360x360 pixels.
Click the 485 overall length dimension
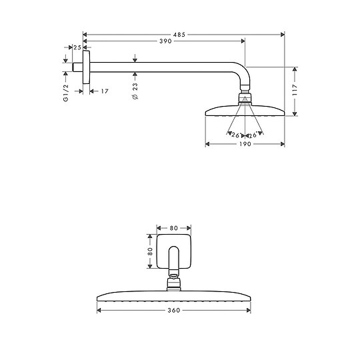tap(181, 33)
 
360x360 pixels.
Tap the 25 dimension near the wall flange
tap(77, 48)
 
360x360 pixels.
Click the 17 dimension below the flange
tap(105, 91)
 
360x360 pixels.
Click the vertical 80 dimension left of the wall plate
tap(151, 251)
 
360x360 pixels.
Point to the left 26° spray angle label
tap(234, 135)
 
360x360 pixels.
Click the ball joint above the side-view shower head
tap(245, 99)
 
